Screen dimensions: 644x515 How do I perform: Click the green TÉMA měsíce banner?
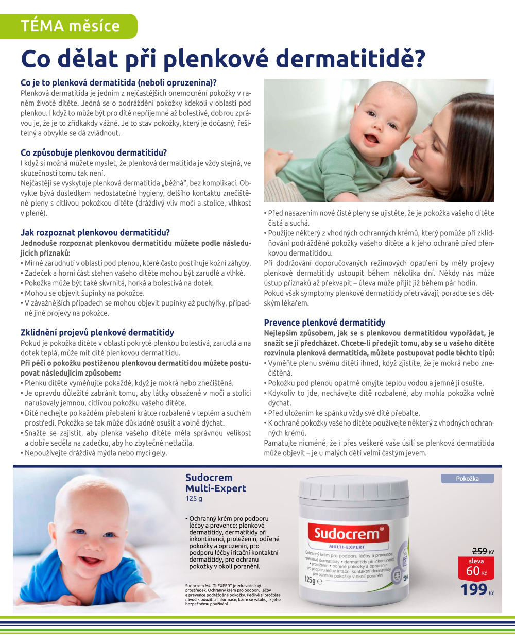click(69, 26)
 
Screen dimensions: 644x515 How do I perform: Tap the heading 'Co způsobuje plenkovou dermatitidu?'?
click(94, 152)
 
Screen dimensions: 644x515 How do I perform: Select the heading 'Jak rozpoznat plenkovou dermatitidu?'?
click(95, 232)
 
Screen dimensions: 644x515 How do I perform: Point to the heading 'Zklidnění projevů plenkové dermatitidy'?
click(97, 332)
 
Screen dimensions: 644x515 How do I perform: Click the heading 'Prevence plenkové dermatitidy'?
click(324, 323)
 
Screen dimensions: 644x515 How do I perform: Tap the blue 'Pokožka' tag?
click(467, 479)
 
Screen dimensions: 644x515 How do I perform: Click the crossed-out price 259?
click(479, 551)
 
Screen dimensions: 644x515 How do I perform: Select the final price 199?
click(474, 589)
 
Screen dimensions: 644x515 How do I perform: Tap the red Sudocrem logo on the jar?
click(346, 533)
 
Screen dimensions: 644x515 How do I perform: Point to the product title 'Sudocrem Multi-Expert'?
click(216, 483)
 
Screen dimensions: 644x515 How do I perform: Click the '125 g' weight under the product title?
click(194, 499)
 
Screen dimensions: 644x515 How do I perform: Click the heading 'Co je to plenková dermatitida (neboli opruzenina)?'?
click(118, 82)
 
